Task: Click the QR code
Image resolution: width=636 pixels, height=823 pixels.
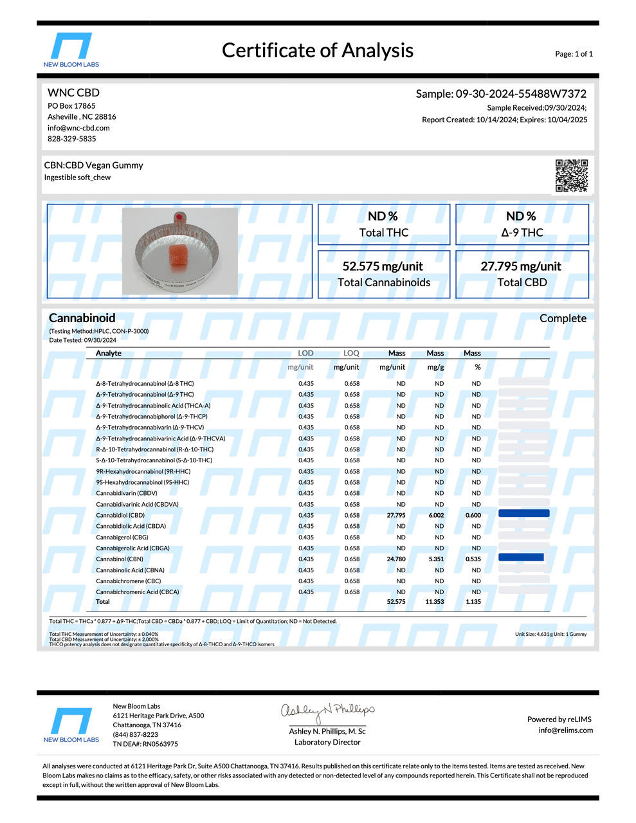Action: pos(571,176)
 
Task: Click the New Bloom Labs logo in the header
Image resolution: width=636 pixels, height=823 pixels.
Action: pos(71,50)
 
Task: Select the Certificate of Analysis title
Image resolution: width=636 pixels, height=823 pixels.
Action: pos(318,50)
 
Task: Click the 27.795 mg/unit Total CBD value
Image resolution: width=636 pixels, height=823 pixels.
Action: pos(521,266)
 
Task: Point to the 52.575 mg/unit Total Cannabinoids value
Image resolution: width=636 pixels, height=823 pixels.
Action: pos(383,266)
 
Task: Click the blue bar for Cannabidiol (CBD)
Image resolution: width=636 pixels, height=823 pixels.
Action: pos(523,514)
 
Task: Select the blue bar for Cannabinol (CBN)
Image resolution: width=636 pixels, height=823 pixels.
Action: pos(521,557)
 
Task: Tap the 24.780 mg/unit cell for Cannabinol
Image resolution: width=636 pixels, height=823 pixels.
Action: pos(395,559)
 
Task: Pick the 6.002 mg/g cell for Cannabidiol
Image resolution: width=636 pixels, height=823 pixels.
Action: pos(436,515)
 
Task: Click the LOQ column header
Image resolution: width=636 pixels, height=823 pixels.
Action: pos(351,353)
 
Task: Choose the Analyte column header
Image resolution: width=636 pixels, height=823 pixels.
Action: pos(109,353)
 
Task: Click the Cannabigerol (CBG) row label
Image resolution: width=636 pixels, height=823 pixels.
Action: pos(122,537)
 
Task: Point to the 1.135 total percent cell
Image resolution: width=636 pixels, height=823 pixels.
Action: pos(473,602)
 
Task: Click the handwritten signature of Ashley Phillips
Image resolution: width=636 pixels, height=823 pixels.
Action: pos(327,711)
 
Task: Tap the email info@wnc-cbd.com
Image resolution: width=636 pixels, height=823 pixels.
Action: pos(78,128)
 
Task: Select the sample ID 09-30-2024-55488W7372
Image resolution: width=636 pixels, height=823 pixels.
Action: pos(521,94)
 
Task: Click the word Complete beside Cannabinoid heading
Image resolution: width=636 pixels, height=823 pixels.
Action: pos(563,318)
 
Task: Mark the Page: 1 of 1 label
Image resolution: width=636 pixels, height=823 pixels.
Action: pos(574,54)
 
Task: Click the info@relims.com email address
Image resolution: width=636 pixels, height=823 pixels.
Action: pos(566,730)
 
